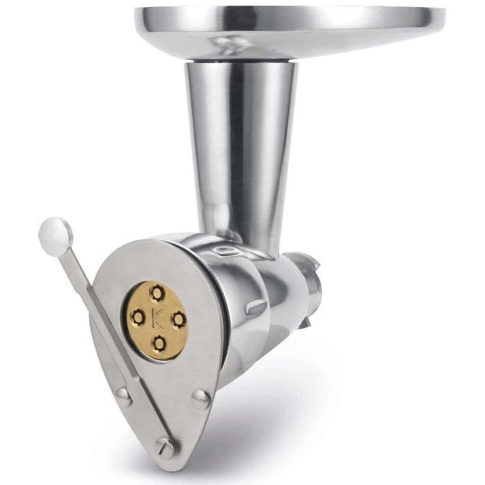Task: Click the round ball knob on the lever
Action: (56, 233)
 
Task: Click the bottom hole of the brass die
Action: (160, 343)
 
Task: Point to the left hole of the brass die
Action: (138, 316)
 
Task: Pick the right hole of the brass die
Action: (179, 319)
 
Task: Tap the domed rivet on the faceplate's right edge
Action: (202, 399)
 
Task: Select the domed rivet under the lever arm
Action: (123, 397)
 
